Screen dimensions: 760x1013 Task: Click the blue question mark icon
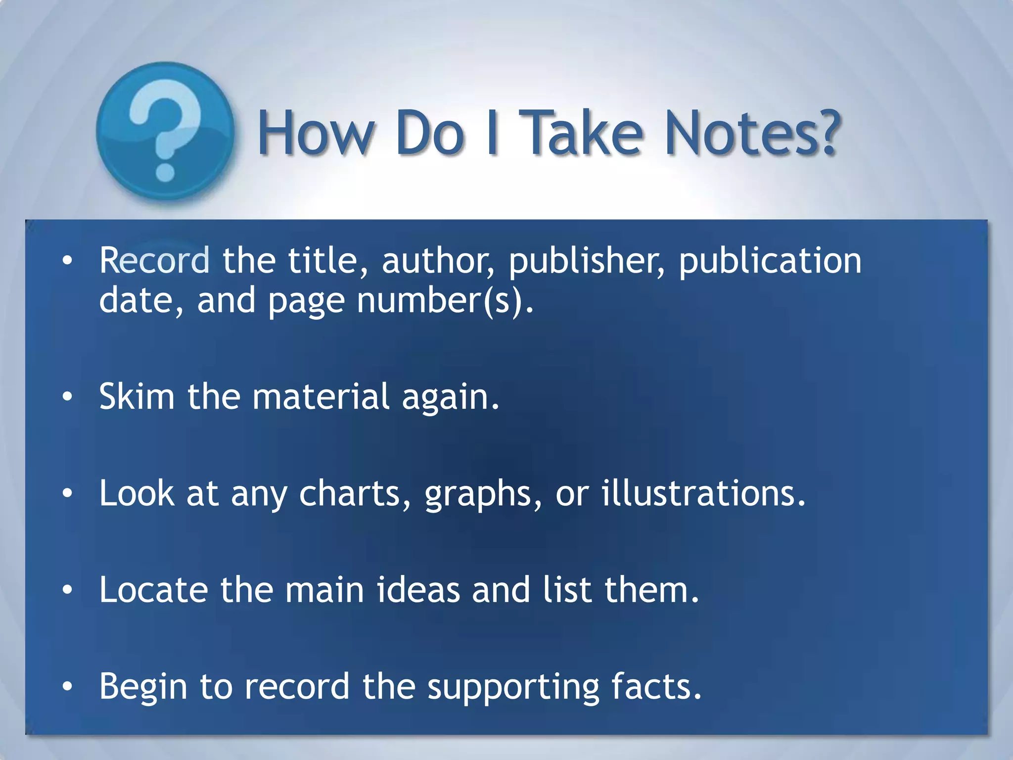(x=165, y=131)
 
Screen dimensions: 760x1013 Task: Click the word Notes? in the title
(x=752, y=133)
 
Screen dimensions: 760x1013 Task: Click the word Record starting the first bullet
(x=154, y=260)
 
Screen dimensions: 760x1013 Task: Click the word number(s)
(x=445, y=301)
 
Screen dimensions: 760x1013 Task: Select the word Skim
(x=137, y=396)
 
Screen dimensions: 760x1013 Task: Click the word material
(x=322, y=396)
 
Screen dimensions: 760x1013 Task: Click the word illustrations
(x=703, y=493)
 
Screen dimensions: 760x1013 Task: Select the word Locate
(x=154, y=590)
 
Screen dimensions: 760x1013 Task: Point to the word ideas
(x=418, y=590)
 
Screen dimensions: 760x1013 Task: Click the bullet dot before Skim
(x=68, y=396)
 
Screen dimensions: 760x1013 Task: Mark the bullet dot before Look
(x=68, y=493)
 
